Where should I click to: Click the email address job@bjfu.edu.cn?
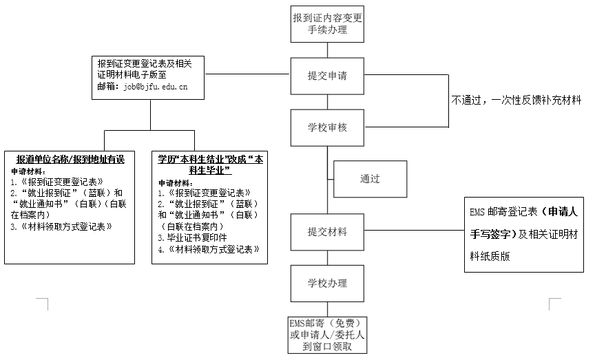click(156, 87)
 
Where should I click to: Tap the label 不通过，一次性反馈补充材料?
click(516, 100)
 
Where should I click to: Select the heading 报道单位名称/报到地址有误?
click(70, 159)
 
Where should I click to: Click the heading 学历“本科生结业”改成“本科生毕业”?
click(210, 165)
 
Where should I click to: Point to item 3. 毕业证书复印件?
click(192, 238)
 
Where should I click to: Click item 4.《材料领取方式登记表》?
click(209, 249)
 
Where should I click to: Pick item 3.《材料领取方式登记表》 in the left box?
click(61, 227)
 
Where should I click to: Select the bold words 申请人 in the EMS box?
click(563, 212)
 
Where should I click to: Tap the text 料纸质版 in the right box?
click(490, 257)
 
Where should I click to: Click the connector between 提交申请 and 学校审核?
click(328, 102)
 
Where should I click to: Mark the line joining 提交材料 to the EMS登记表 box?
click(415, 230)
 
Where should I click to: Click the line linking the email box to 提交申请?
click(247, 74)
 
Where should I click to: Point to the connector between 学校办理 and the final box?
click(328, 310)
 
